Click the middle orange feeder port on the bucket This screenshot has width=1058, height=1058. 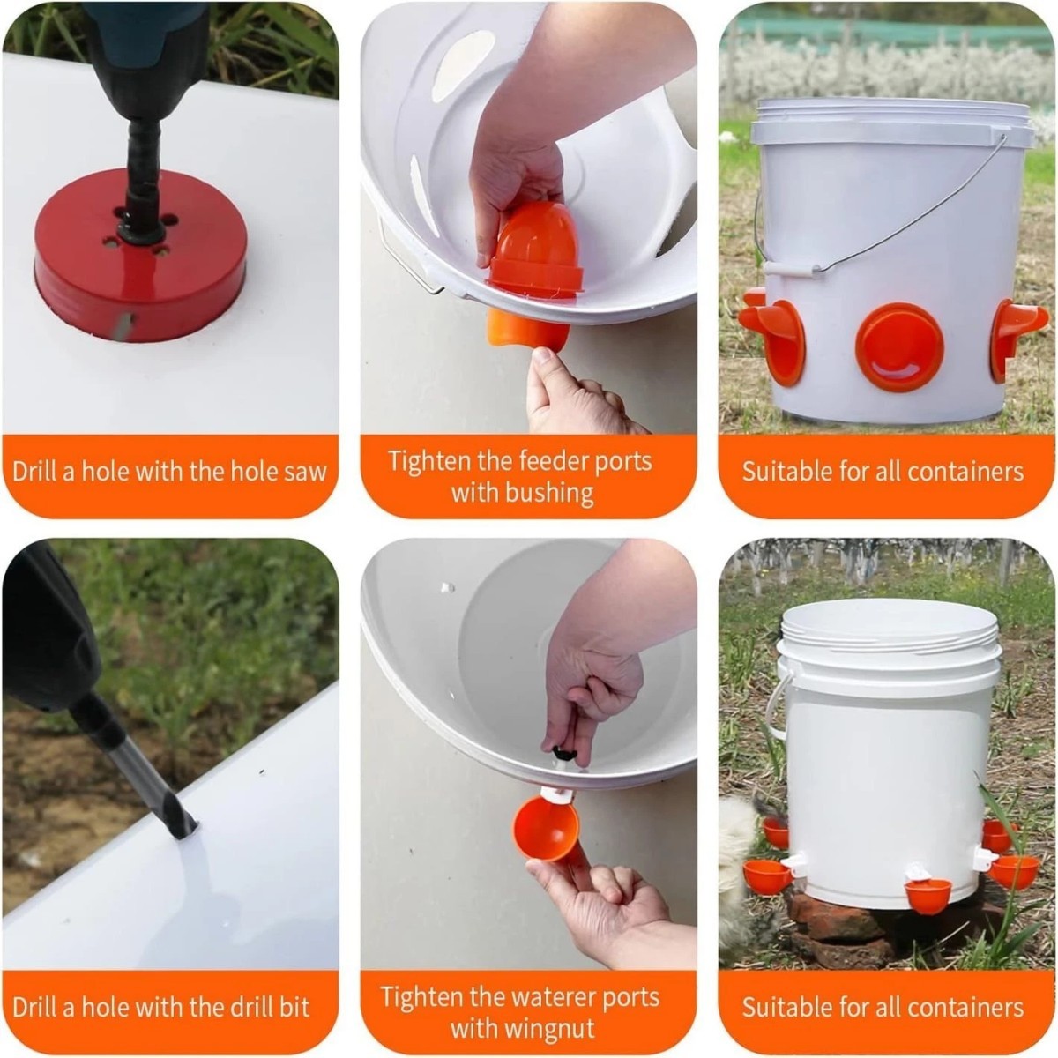pos(899,346)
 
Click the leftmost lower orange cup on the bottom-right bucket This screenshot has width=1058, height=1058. pos(767,875)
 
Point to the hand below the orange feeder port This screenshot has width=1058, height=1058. pos(573,397)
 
